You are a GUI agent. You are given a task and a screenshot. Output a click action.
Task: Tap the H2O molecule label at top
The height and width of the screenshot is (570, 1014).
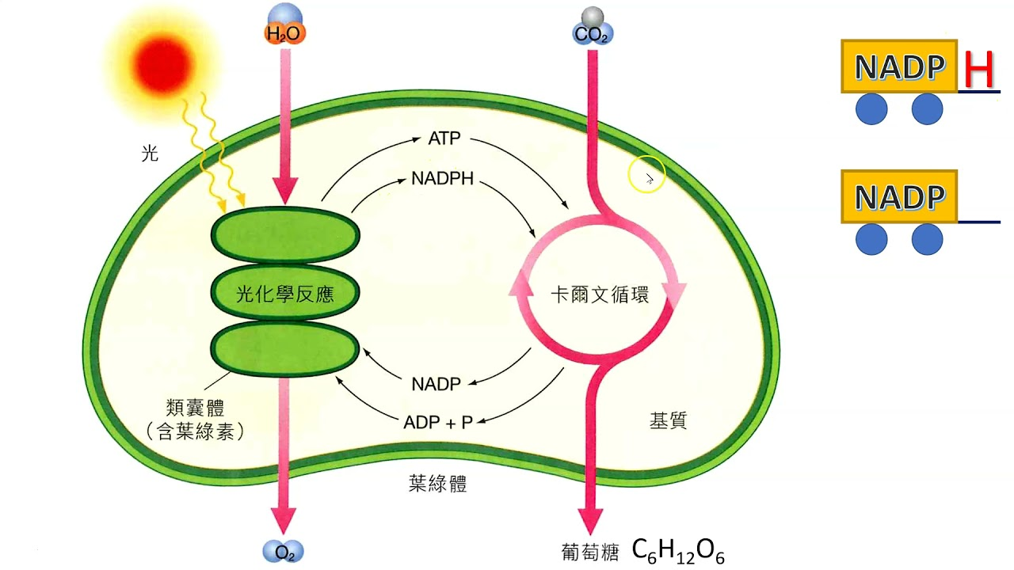[x=284, y=33]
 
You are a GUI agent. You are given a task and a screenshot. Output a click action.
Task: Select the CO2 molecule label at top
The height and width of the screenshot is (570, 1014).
[x=592, y=34]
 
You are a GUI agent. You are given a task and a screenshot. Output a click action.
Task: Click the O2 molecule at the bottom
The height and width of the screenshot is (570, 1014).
[x=284, y=551]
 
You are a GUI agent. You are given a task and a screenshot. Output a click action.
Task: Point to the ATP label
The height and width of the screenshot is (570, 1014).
[x=444, y=139]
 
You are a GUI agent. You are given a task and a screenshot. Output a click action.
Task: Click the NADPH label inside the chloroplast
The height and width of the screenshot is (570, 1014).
[x=442, y=179]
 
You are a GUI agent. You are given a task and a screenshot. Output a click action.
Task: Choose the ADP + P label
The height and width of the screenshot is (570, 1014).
[x=438, y=422]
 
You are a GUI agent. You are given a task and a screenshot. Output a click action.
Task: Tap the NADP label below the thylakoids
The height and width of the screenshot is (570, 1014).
[x=436, y=385]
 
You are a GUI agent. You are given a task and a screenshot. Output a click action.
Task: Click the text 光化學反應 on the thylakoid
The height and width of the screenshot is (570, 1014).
[x=285, y=295]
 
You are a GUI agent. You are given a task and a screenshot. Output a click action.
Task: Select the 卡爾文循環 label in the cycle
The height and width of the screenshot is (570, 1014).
[x=600, y=295]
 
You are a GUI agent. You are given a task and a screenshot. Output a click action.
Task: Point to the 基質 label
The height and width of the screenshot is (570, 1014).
[x=668, y=421]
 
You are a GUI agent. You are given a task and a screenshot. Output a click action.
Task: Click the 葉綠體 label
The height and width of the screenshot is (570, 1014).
[x=437, y=484]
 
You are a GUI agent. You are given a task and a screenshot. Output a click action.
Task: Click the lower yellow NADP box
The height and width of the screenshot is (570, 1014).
[x=899, y=197]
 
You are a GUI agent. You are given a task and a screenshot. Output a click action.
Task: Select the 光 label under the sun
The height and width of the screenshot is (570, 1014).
[x=150, y=153]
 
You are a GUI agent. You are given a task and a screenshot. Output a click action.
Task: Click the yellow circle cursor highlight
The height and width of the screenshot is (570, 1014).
[x=647, y=178]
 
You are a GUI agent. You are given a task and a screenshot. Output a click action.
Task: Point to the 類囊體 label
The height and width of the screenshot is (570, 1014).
[x=194, y=408]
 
